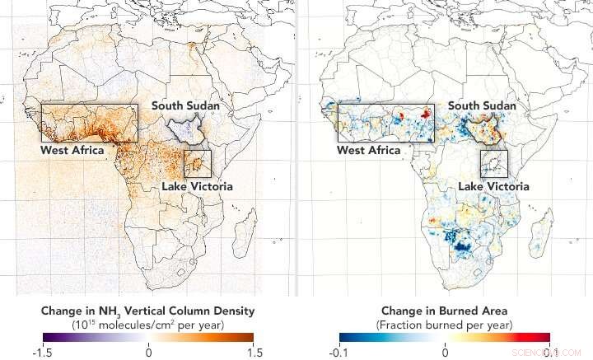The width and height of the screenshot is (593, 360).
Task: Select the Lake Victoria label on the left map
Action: [x=196, y=186]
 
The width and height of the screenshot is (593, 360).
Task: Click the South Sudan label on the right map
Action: [x=482, y=106]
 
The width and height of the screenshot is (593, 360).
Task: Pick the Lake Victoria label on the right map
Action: [x=493, y=186]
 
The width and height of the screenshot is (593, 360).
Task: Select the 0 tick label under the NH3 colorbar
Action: [x=148, y=353]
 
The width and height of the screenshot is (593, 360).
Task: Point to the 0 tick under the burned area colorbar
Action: [x=445, y=353]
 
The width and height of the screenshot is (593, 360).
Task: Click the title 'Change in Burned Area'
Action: [x=445, y=311]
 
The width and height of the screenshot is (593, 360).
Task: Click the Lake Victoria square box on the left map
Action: [x=198, y=163]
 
